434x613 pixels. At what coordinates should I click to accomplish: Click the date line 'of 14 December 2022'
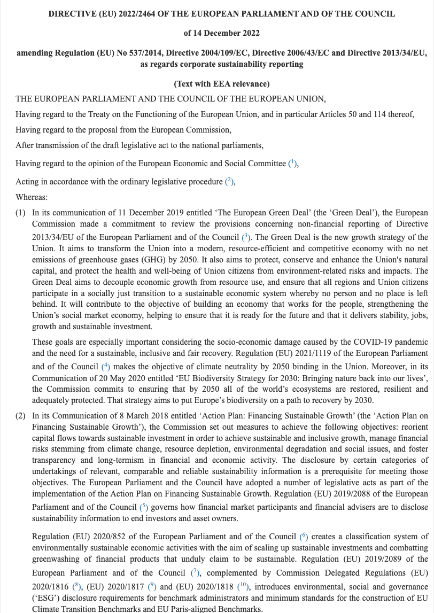click(x=221, y=33)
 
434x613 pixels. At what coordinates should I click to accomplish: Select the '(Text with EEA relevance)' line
click(x=221, y=84)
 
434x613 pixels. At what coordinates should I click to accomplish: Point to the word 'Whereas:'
click(x=32, y=197)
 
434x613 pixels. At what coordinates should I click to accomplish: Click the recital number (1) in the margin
click(x=20, y=213)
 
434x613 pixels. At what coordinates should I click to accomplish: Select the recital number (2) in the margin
click(x=20, y=415)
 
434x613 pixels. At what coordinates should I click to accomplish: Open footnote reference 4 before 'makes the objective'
click(x=105, y=367)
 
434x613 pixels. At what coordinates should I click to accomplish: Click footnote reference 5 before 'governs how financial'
click(x=143, y=507)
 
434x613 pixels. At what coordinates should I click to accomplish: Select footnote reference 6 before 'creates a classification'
click(x=304, y=537)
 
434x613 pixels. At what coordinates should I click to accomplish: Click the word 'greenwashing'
click(x=57, y=558)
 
